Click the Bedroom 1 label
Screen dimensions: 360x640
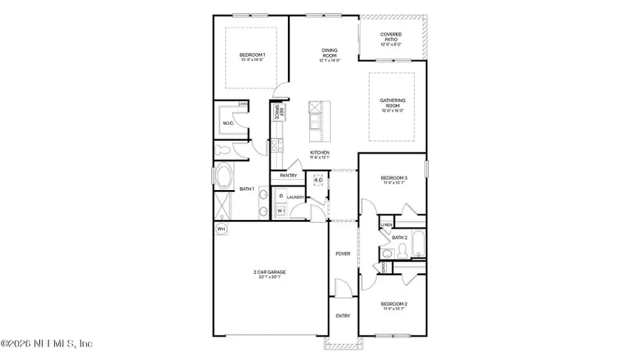point(252,55)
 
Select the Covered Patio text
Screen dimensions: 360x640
point(391,36)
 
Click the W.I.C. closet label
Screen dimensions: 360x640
point(228,124)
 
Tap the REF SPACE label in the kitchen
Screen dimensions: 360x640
point(279,112)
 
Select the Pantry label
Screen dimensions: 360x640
point(288,175)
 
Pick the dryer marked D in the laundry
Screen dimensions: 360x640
point(281,196)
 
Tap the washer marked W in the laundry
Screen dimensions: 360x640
point(281,211)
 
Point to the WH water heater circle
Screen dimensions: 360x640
point(220,228)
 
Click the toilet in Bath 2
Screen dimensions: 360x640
point(402,250)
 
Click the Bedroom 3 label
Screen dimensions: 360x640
point(393,178)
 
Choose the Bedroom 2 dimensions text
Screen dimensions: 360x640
point(393,309)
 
